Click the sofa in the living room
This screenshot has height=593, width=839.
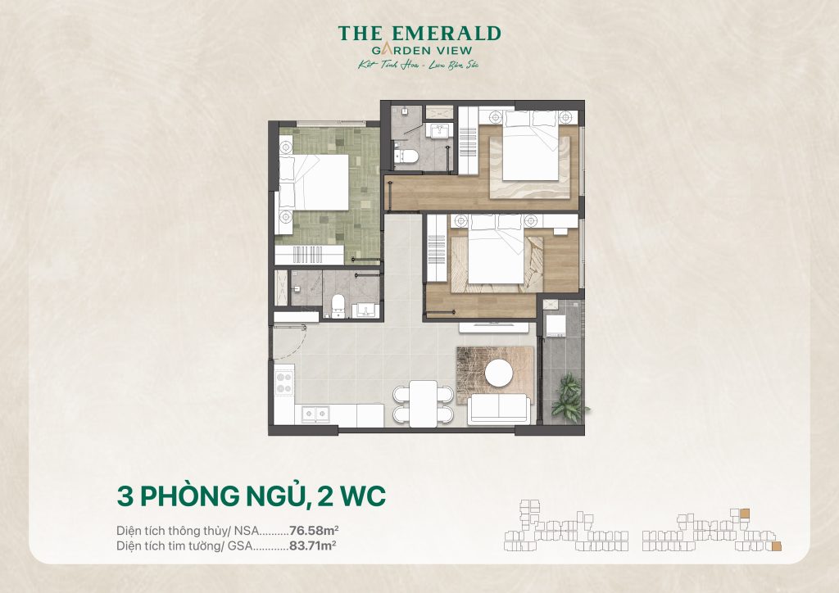coord(498,409)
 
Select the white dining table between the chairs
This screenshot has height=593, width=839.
coord(423,402)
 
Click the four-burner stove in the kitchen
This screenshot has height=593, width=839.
coord(285,383)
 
